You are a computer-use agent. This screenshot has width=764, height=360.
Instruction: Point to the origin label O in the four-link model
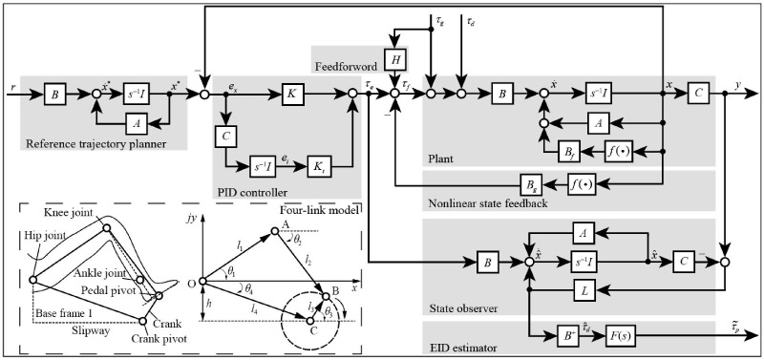(x=192, y=283)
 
